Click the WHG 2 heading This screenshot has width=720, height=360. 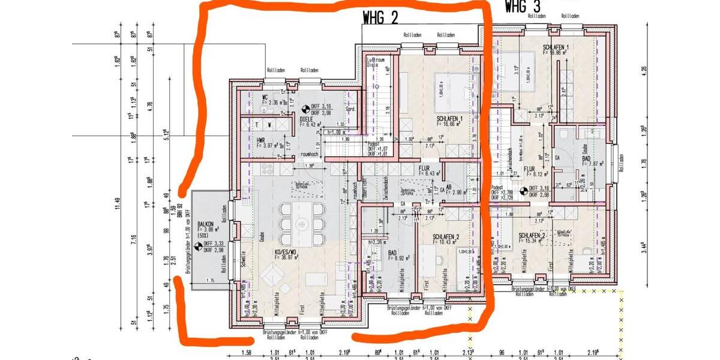pos(380,17)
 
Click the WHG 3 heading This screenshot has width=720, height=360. pos(523,7)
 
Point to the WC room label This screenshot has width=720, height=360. pos(265,97)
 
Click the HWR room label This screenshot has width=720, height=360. pos(260,140)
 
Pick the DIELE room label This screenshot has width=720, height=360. pos(307,119)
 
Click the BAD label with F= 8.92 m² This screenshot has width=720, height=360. pos(393,254)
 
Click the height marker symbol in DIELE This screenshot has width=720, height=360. pos(306,109)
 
